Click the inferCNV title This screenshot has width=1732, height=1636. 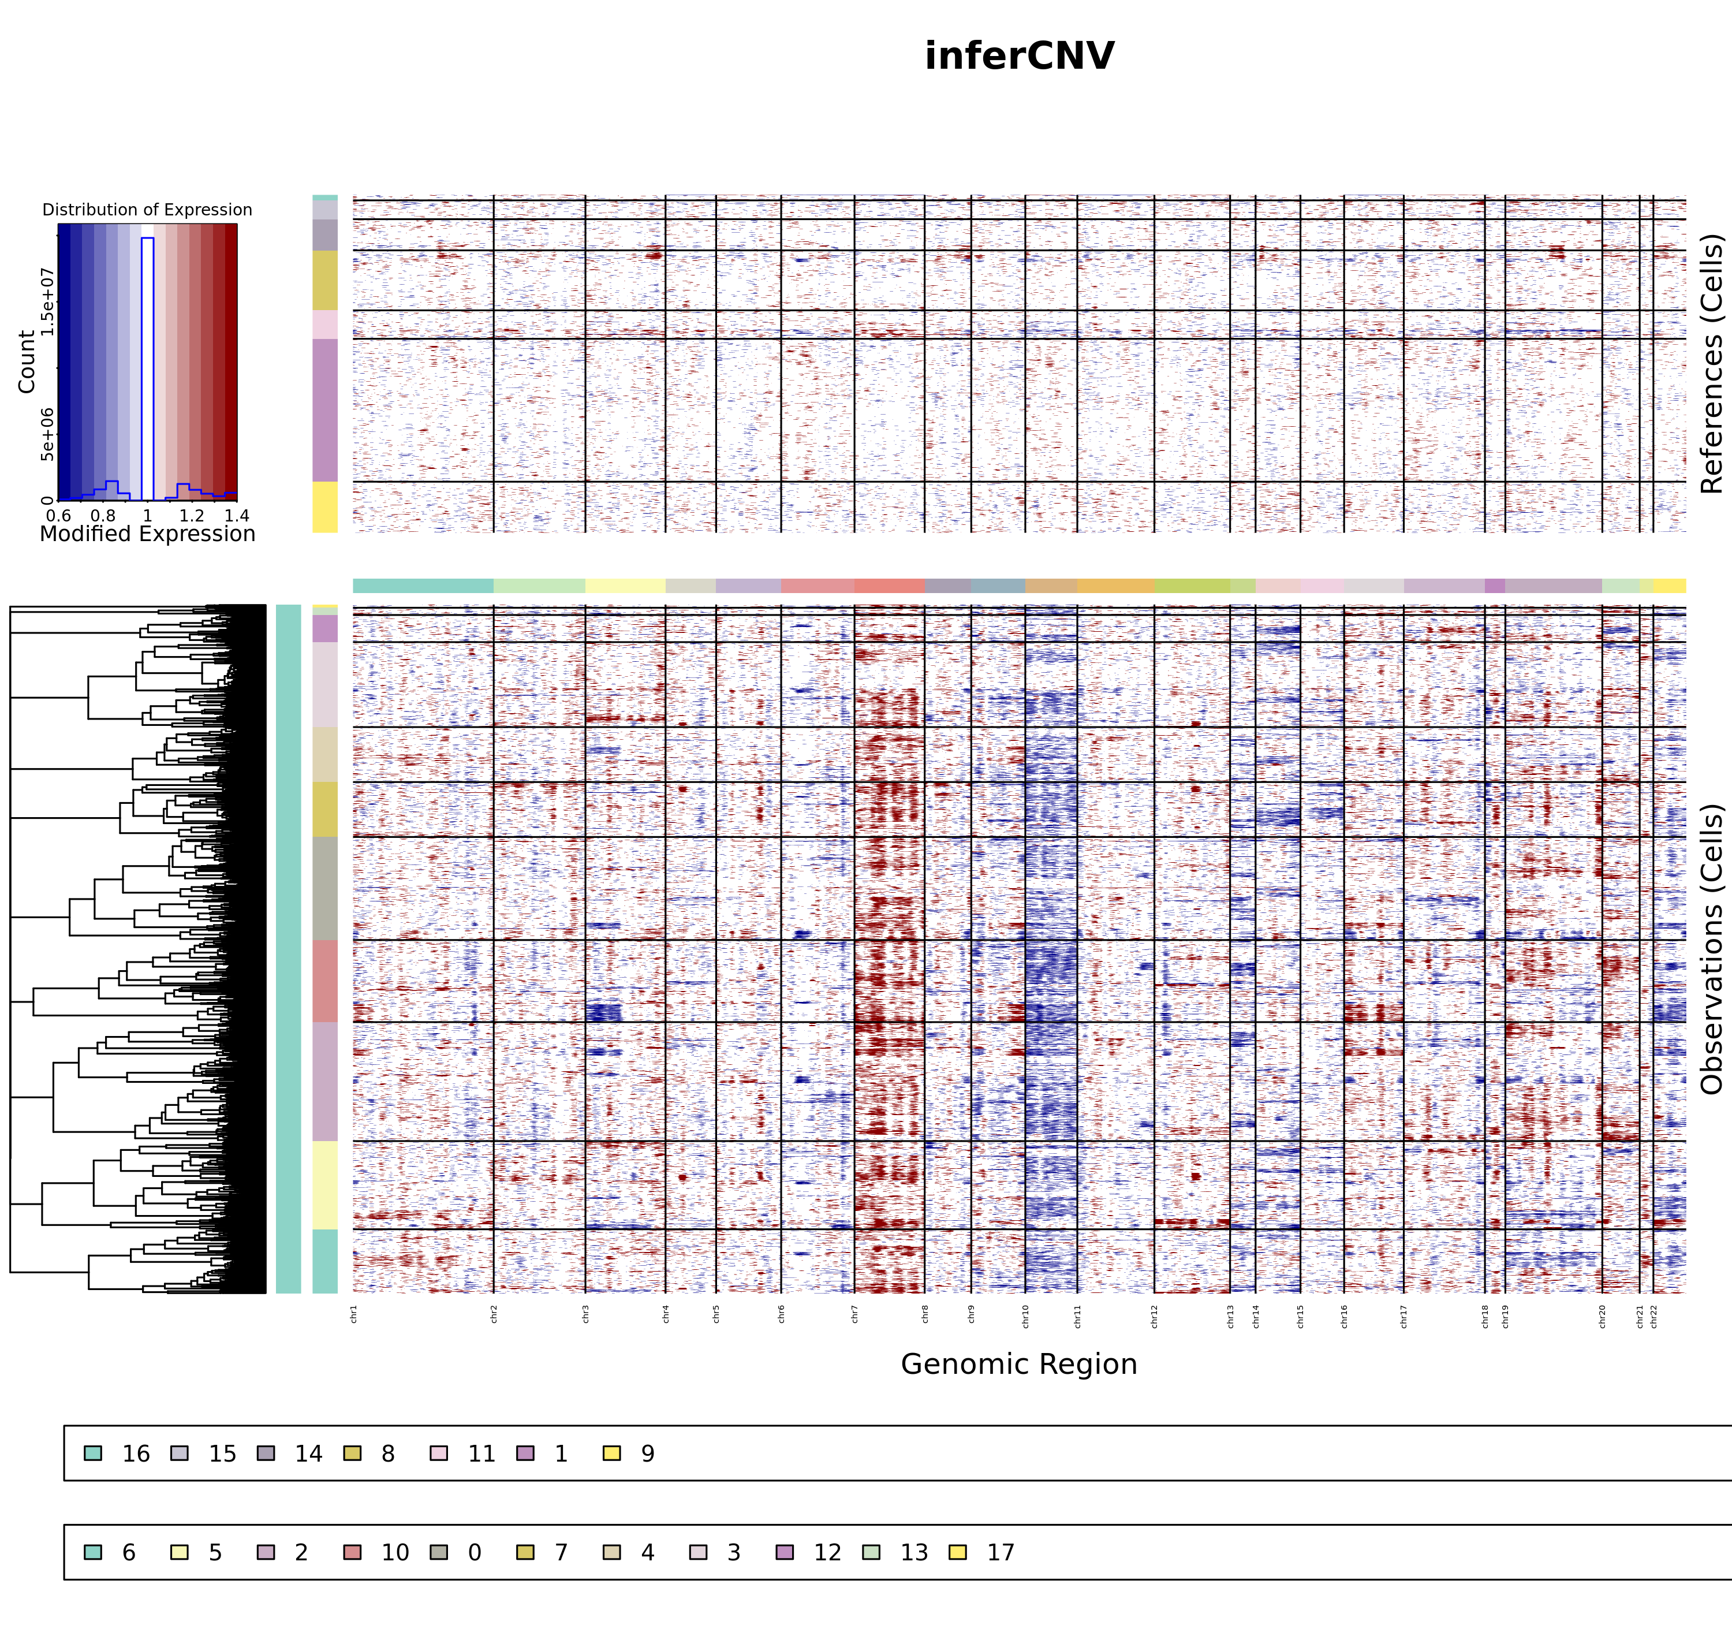pos(1019,57)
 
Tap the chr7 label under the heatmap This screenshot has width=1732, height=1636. pos(854,1314)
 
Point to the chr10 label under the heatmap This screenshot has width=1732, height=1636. pos(1025,1316)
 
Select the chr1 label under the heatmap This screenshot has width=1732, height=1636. pos(354,1314)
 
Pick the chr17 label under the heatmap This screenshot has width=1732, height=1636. pos(1403,1316)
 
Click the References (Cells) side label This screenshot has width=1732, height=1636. pos(1712,364)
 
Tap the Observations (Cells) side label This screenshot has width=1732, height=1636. pos(1712,949)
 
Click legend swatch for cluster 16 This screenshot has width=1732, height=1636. pos(94,1453)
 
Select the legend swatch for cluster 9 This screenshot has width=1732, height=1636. pos(612,1453)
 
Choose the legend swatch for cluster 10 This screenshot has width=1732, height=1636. pos(352,1552)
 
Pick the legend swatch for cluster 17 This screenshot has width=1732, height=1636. pos(957,1552)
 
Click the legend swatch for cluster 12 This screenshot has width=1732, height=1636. pos(785,1552)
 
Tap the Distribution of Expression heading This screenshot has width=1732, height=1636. pos(147,210)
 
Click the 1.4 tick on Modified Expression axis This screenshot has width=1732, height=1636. pos(236,515)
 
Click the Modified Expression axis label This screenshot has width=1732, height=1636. pos(147,534)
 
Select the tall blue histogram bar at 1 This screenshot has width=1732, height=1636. pos(147,366)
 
